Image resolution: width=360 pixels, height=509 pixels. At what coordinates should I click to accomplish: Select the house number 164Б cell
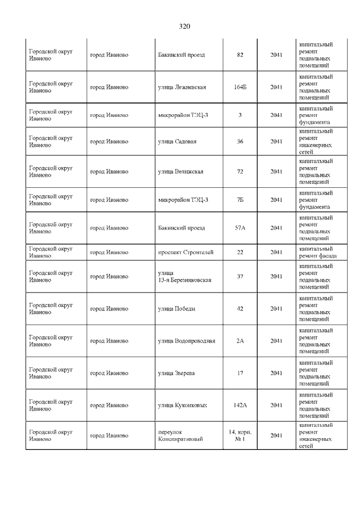[240, 87]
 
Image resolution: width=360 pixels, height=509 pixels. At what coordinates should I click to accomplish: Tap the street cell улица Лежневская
[182, 87]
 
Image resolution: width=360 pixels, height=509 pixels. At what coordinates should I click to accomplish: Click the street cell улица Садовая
[177, 141]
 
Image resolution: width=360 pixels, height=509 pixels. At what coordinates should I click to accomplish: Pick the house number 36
[240, 141]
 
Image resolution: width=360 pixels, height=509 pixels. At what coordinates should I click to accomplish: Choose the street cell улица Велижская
[181, 172]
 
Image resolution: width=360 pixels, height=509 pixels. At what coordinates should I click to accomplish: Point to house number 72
[240, 172]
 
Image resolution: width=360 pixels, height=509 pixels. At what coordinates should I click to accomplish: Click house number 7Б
[240, 200]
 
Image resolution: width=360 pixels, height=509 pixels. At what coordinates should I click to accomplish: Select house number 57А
[240, 228]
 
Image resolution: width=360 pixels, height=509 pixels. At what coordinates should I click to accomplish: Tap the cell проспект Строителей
[186, 252]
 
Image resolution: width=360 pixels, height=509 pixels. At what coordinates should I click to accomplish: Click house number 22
[240, 252]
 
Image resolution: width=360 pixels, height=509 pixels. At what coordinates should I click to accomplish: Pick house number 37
[240, 276]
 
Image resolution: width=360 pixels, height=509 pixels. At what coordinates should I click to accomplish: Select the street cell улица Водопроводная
[187, 341]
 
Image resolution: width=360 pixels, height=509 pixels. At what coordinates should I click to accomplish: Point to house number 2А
[240, 341]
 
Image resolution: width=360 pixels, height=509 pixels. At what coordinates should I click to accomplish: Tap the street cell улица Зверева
[177, 373]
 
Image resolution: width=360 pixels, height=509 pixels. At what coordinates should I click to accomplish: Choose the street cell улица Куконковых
[182, 405]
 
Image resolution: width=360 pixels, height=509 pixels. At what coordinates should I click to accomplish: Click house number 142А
[240, 405]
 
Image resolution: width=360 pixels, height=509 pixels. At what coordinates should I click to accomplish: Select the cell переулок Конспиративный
[180, 435]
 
